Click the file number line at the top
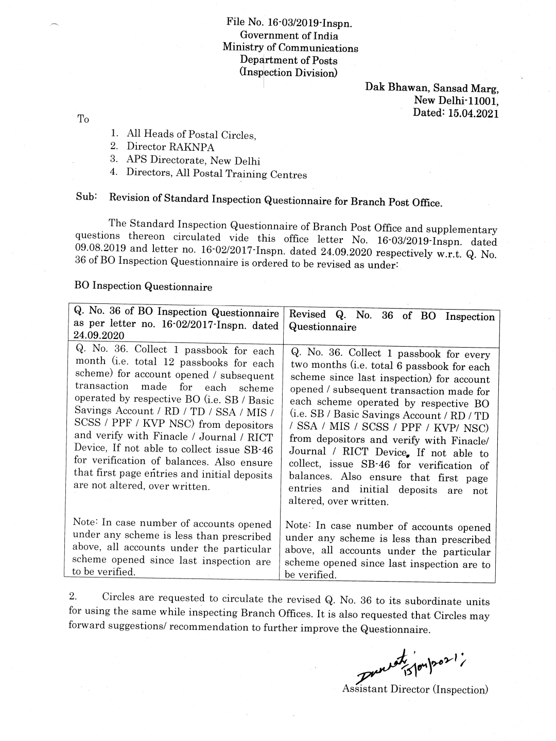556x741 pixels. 289,23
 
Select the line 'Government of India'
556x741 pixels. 289,35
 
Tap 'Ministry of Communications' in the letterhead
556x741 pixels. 290,48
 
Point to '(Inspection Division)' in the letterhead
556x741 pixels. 289,73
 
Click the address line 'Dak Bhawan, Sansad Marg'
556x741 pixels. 432,87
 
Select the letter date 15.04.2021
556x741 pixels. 473,113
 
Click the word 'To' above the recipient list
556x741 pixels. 83,119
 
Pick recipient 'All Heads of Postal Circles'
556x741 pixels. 191,135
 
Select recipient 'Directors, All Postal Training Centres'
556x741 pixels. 216,173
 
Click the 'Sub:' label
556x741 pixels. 86,197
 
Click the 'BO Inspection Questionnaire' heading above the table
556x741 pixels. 143,286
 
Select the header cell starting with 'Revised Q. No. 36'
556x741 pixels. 391,321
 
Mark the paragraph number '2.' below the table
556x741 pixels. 73,597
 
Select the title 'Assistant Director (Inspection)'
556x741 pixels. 414,690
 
